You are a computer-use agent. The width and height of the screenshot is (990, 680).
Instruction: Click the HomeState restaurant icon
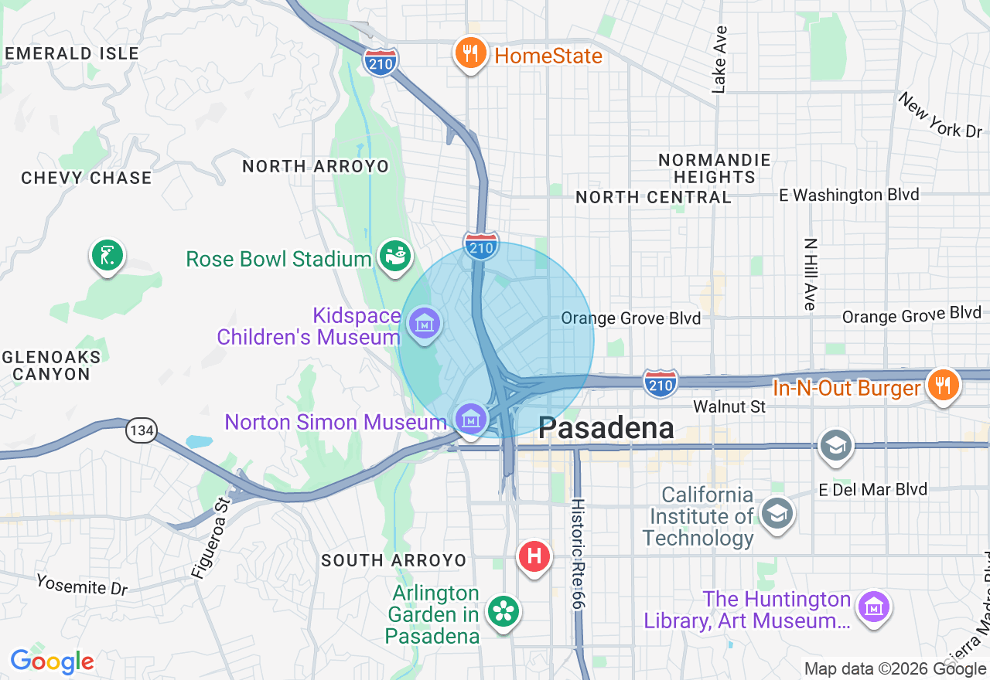click(x=469, y=54)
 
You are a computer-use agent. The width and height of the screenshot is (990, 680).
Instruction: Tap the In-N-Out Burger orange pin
click(x=941, y=385)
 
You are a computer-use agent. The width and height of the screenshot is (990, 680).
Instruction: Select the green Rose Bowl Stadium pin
click(x=394, y=257)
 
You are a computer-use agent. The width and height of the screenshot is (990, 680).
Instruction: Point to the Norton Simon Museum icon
click(x=470, y=420)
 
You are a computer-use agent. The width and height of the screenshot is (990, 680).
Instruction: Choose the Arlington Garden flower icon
click(x=504, y=613)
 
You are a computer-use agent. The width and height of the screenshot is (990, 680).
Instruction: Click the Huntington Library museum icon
click(x=874, y=607)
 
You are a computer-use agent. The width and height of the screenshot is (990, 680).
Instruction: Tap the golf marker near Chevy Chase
click(x=108, y=255)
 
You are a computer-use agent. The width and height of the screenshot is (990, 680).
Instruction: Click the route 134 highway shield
click(x=142, y=431)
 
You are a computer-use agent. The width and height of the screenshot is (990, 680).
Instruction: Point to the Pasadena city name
click(x=606, y=427)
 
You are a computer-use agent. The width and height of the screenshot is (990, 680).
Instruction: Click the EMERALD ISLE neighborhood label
click(x=72, y=53)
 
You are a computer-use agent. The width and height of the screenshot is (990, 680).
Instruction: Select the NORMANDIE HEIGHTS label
click(x=715, y=168)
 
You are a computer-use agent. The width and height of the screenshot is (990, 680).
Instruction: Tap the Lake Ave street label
click(x=719, y=60)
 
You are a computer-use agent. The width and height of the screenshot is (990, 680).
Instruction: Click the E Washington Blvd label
click(x=848, y=195)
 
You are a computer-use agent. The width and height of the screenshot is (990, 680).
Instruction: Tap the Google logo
click(x=52, y=661)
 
